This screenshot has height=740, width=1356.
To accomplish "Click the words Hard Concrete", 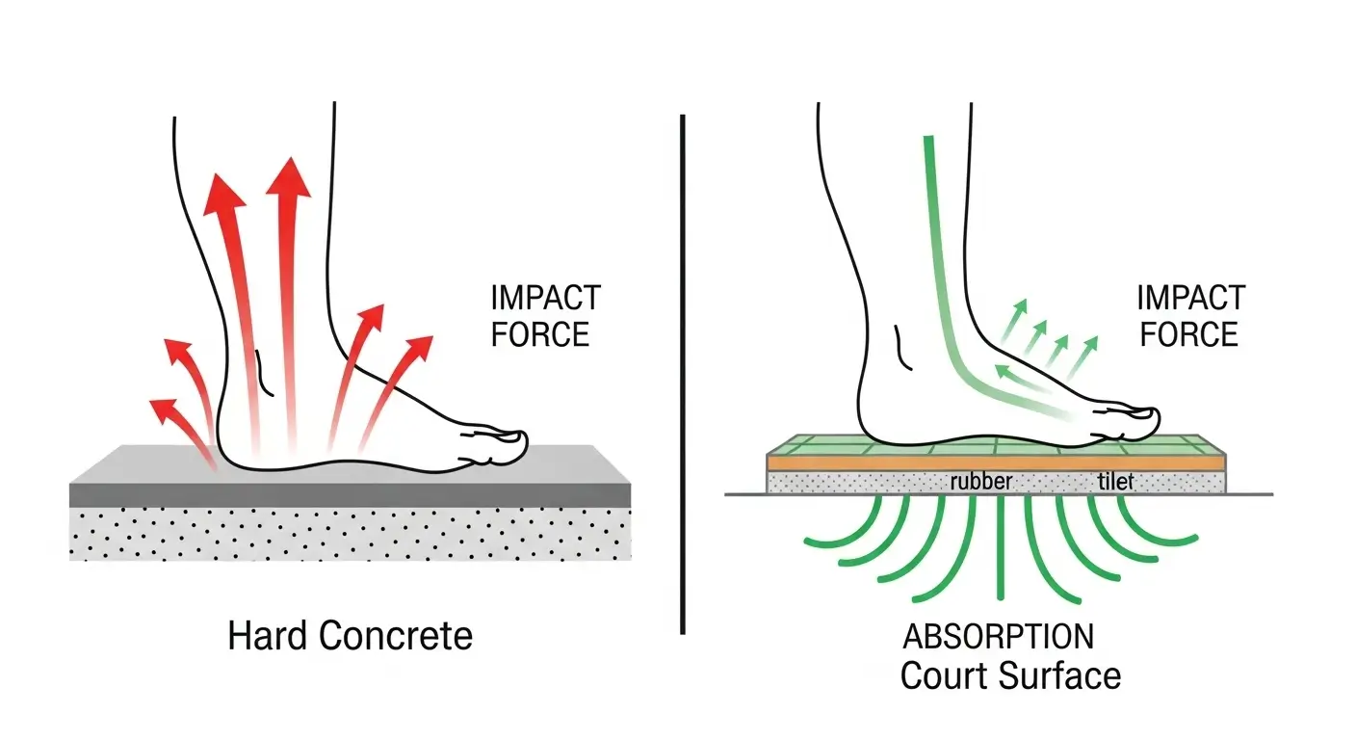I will [350, 636].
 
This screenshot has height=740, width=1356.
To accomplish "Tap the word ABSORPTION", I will [998, 637].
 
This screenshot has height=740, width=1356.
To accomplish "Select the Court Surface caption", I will [1010, 675].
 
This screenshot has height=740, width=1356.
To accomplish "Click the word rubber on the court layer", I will [980, 481].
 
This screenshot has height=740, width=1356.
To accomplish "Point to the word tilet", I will [1116, 481].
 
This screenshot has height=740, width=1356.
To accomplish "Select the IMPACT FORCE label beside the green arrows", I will [1189, 316].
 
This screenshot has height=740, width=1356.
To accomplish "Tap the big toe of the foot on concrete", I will [508, 444].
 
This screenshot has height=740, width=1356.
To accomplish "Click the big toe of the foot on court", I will [1140, 418].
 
